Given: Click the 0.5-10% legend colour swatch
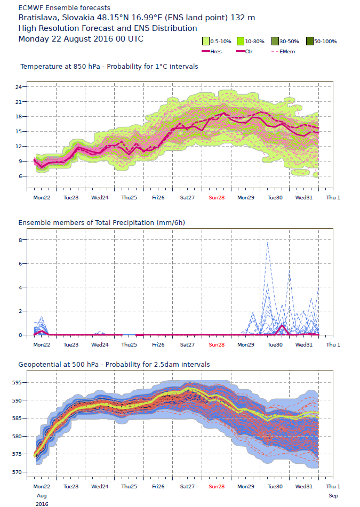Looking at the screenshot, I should pos(205,41).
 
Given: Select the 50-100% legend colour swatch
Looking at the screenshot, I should pos(310,41).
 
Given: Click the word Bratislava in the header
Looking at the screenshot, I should pos(37,18).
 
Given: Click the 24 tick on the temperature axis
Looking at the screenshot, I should pos(18,87).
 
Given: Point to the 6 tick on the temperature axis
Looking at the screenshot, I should pos(19,176).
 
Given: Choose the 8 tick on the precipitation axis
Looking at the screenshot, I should pos(19,240).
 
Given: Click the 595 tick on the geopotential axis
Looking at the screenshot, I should pos(16,382).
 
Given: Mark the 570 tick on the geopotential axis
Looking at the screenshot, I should pos(16,472).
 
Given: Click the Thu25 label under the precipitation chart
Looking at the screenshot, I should pos(129,344).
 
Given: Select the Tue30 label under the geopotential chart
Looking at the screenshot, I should pos(275,487).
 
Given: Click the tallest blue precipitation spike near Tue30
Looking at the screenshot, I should pos(267,243).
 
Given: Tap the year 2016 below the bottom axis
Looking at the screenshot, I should pos(42,503).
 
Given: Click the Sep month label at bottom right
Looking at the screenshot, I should pos(333,495).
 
